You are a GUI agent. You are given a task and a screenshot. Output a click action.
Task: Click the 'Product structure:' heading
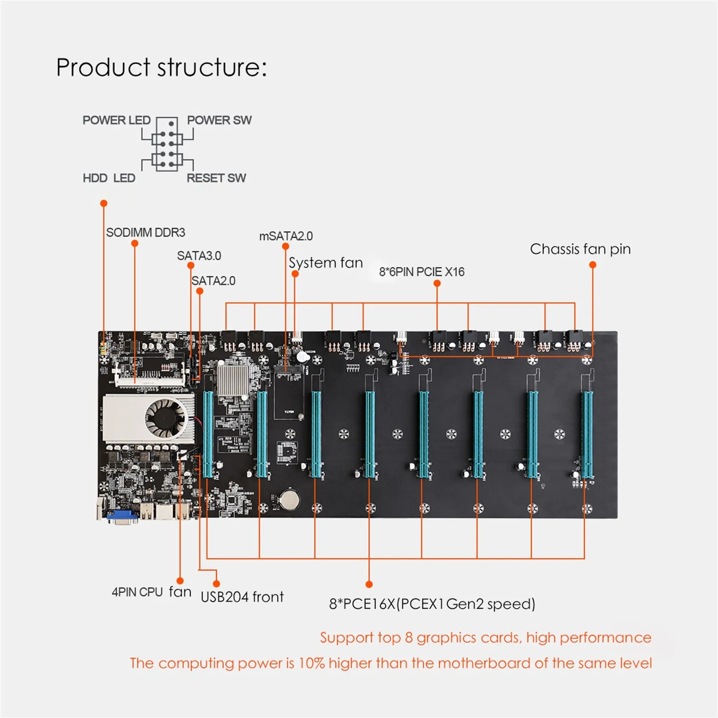tap(162, 67)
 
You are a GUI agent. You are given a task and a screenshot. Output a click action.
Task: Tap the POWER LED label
tap(116, 120)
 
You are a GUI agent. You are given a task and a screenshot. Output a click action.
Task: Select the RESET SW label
tap(216, 178)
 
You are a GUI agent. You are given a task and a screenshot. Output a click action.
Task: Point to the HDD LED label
tap(109, 178)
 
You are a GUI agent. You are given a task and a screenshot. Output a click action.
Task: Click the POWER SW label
tap(219, 120)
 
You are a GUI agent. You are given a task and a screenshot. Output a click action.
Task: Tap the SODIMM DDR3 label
tap(145, 232)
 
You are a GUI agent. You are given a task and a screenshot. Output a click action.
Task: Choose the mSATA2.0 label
tap(286, 236)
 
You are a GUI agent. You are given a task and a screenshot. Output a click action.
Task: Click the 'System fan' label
tap(326, 263)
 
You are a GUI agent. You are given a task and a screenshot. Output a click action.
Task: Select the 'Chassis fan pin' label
tap(580, 249)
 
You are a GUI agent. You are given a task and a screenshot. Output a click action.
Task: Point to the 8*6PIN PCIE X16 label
tap(422, 272)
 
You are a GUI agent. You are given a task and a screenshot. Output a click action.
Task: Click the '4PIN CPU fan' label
tap(151, 592)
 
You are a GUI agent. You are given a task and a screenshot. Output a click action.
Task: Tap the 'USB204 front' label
tap(242, 597)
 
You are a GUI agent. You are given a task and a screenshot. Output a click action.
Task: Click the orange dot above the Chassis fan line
tap(592, 265)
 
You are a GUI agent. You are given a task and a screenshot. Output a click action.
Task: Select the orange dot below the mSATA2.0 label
tap(285, 246)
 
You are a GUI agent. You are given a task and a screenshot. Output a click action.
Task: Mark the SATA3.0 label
tap(199, 256)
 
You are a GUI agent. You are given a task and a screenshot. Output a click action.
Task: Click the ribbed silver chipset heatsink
tap(233, 379)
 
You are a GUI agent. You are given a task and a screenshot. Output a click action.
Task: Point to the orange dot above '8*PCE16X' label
tap(369, 584)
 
